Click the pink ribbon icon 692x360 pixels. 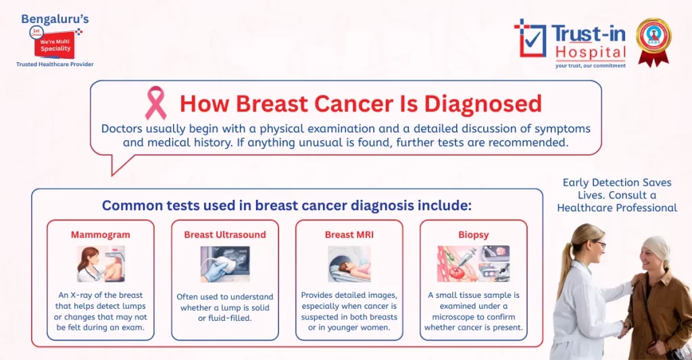pos(155,103)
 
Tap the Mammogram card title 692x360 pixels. pos(100,235)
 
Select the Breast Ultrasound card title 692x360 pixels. pos(225,235)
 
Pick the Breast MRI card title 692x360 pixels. pos(349,235)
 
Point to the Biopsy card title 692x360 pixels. pos(473,235)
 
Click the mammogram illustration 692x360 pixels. pos(100,263)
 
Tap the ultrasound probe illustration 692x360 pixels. pos(225,263)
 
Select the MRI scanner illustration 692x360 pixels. pos(349,263)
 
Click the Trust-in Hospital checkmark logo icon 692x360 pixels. pos(530,38)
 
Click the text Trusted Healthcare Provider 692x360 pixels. pos(55,64)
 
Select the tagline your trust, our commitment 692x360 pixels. pos(590,66)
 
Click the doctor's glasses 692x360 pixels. pos(599,244)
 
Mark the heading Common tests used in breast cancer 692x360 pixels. pos(287,205)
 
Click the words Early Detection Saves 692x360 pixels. pos(616,182)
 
